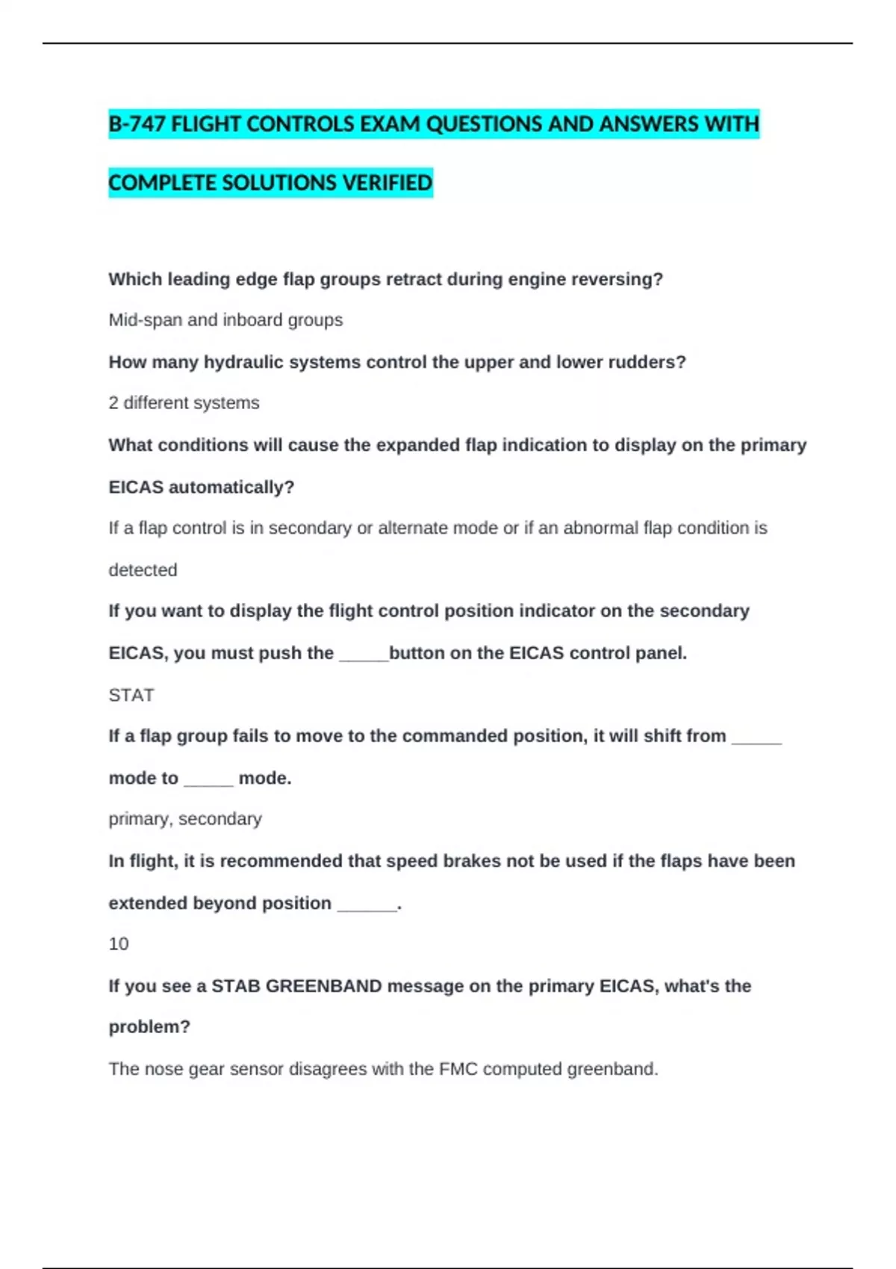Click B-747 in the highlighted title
pyautogui.click(x=137, y=124)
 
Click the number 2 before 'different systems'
pyautogui.click(x=113, y=403)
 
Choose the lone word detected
pyautogui.click(x=143, y=570)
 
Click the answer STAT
pyautogui.click(x=131, y=696)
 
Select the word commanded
pyautogui.click(x=448, y=736)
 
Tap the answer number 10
pyautogui.click(x=119, y=944)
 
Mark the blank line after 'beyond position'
pyautogui.click(x=367, y=905)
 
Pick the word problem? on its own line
pyautogui.click(x=149, y=1027)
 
